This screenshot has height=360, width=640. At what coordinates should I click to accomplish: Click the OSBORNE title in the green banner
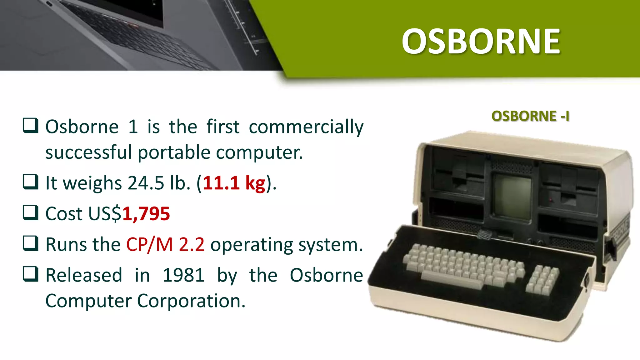[481, 42]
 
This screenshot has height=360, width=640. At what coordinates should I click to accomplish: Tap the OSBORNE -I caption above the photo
[530, 116]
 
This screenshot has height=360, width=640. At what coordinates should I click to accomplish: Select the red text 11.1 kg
[234, 183]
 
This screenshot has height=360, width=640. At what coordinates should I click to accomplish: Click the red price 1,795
[146, 214]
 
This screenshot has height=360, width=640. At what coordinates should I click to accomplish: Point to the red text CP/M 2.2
[165, 245]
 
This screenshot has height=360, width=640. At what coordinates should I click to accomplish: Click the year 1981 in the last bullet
[183, 275]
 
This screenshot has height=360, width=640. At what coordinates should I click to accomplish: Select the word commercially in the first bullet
[306, 127]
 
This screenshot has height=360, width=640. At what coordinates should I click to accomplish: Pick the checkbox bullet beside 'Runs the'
[31, 243]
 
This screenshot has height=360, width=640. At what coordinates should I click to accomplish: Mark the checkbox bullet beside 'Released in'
[31, 274]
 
